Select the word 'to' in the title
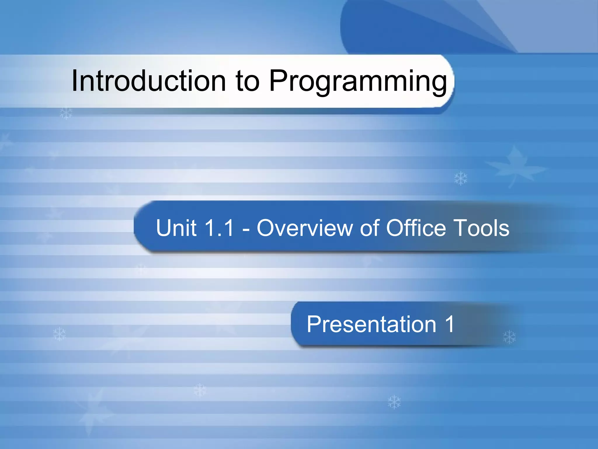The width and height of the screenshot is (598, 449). pos(247,82)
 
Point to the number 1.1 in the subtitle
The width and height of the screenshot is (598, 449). pos(220,228)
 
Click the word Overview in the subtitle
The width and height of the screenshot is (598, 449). pos(305,228)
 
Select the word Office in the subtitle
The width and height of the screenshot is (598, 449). pos(416,228)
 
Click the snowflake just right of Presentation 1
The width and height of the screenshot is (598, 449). pos(510,337)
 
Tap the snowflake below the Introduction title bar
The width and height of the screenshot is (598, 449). pos(66,113)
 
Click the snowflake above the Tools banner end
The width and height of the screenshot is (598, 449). pos(461,178)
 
